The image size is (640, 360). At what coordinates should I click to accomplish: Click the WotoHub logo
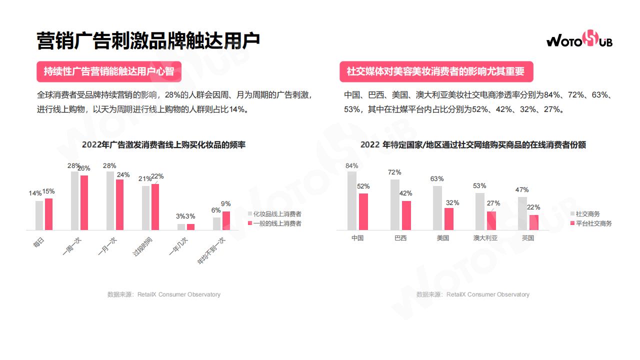[x=579, y=39]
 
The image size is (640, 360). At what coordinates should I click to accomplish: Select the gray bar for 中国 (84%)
[x=352, y=200]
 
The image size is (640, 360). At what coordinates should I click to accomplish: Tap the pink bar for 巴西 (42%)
[x=406, y=215]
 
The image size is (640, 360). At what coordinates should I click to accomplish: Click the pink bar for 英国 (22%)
[x=533, y=222]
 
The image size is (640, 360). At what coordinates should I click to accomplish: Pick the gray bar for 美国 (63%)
[x=437, y=208]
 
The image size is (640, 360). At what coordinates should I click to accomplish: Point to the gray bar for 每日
[x=39, y=215]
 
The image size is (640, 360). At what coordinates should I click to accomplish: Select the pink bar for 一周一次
[x=84, y=202]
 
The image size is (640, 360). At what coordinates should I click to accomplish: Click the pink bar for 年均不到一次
[x=226, y=220]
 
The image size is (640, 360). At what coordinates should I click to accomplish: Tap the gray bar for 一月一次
[x=110, y=200]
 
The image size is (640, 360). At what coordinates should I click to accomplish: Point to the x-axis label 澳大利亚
[x=485, y=238]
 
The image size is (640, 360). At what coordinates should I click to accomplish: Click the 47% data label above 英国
[x=522, y=189]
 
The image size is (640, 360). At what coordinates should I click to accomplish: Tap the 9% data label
[x=225, y=203]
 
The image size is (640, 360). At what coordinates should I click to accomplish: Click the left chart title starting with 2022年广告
[x=163, y=145]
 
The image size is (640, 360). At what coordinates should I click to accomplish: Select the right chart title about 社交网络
[x=472, y=145]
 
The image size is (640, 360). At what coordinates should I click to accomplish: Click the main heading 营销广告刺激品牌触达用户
[x=148, y=40]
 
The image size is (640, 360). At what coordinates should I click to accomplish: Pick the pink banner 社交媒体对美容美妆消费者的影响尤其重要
[x=436, y=71]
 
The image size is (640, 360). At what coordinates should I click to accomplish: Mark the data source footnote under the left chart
[x=163, y=294]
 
